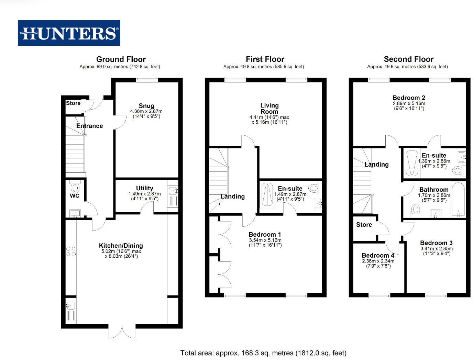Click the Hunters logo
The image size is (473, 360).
coord(69,33)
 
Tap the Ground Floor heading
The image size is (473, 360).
coord(121,59)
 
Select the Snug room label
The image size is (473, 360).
coord(146,106)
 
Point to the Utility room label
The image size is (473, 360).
coord(144,188)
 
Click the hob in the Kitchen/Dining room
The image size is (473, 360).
coord(71,251)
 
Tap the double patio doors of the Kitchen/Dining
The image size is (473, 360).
coord(122,331)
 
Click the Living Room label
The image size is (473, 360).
coord(269,109)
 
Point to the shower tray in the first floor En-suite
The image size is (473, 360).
coord(267,195)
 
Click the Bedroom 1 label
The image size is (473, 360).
coord(265,235)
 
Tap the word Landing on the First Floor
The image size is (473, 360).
coord(233,196)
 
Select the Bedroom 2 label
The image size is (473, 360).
coord(409,98)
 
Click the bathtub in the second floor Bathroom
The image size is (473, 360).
coord(458,199)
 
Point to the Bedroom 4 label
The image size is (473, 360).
coord(378,256)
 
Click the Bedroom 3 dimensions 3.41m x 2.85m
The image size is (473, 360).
coord(436,249)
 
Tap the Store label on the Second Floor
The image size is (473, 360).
coord(364,225)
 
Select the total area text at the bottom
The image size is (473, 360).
coord(263,353)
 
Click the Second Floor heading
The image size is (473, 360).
coord(408,59)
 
